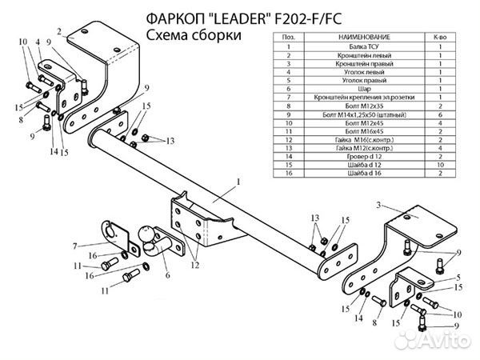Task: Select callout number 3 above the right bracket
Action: pos(377,206)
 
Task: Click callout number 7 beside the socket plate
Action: pos(74,246)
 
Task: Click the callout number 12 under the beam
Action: pos(194,262)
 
